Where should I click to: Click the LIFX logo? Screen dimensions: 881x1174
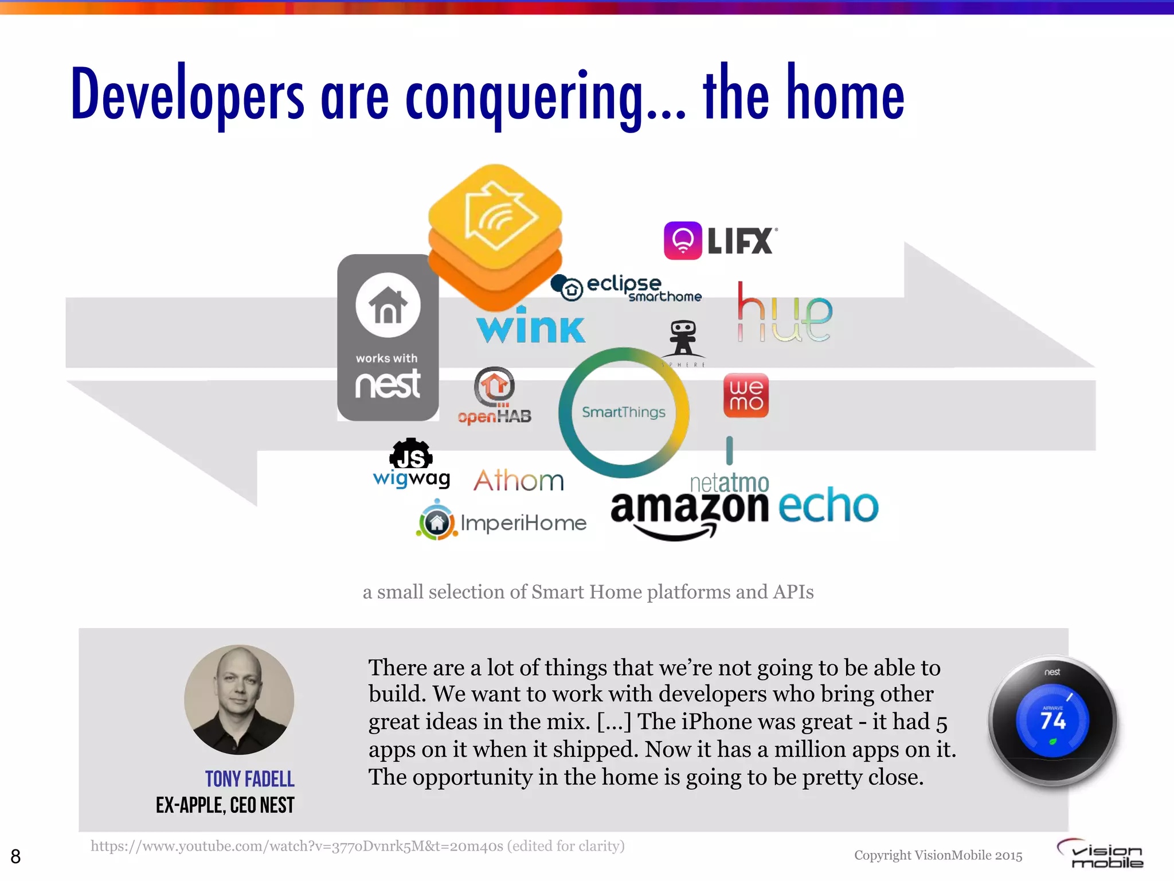[x=720, y=241]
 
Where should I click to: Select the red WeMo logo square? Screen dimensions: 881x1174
[x=746, y=395]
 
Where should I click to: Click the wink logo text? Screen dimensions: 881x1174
[x=531, y=328]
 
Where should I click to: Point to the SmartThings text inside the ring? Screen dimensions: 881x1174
[x=624, y=412]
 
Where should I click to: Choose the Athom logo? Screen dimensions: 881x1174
[x=519, y=480]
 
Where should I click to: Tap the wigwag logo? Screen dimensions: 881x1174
[x=411, y=465]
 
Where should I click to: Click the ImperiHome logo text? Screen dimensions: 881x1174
[x=523, y=523]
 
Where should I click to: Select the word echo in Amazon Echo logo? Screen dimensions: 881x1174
[x=828, y=506]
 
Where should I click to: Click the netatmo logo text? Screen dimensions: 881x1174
[x=729, y=483]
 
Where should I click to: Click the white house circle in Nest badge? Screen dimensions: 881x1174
[x=388, y=305]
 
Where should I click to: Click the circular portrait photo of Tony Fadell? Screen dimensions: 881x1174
[x=239, y=700]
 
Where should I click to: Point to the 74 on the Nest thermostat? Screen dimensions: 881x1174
[x=1053, y=720]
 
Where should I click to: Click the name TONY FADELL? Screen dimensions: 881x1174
[x=250, y=779]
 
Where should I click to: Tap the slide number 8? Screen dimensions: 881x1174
[x=15, y=856]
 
